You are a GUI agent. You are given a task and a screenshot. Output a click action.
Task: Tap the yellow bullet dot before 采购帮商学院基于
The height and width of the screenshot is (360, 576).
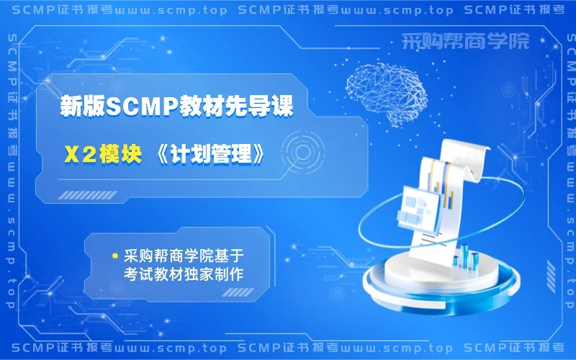(x=114, y=256)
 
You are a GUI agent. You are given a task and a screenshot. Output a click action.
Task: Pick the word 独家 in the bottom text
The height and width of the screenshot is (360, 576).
(x=208, y=274)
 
